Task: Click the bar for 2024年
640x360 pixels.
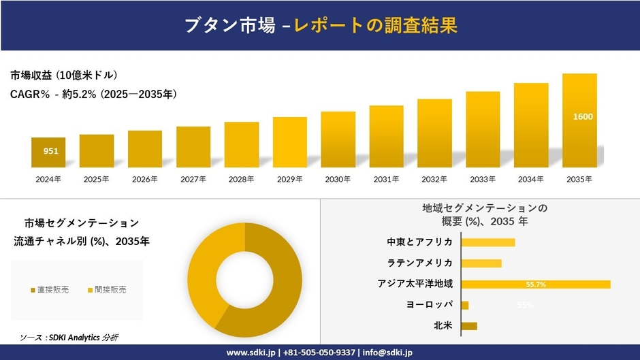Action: [48, 152]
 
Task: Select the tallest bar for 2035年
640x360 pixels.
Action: [579, 120]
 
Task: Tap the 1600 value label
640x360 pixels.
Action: [583, 116]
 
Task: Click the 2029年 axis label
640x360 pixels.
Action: [289, 179]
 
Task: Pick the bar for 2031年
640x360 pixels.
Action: [386, 136]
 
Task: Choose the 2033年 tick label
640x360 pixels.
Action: [483, 179]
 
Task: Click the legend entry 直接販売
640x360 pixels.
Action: [50, 290]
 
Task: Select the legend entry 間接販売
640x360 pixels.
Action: [107, 290]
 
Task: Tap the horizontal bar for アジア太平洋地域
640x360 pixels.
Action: [535, 284]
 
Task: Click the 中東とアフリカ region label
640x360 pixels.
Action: [419, 242]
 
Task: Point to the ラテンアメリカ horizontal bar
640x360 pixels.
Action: [481, 263]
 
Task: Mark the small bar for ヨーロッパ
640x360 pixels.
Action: [465, 305]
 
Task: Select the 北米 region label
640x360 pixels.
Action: [443, 326]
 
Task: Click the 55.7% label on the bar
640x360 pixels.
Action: [536, 284]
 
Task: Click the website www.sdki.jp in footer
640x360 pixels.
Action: [251, 353]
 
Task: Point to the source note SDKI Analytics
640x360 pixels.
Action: [69, 338]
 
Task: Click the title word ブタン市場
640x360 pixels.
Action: [229, 26]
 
